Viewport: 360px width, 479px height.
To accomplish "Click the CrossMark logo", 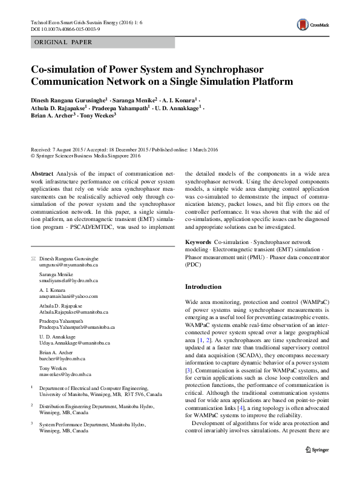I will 310,25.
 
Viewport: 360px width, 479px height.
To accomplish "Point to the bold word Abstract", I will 41,173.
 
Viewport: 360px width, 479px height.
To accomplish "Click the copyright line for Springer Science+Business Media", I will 89,155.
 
